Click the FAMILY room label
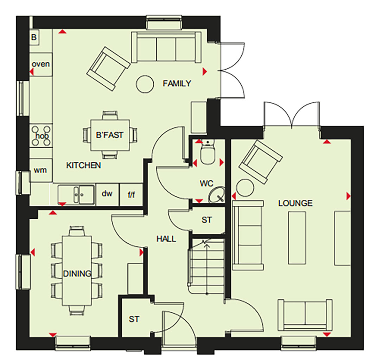click(x=177, y=83)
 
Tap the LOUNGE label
click(x=295, y=203)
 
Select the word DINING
click(x=77, y=274)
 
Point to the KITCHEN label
click(x=83, y=165)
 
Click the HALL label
click(x=166, y=239)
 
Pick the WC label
click(x=206, y=184)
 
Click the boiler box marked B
click(x=34, y=37)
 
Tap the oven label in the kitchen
click(x=41, y=64)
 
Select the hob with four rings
click(x=41, y=136)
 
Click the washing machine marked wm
click(x=40, y=170)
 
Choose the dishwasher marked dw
click(x=107, y=194)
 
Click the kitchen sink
click(x=76, y=195)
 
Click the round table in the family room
click(x=145, y=84)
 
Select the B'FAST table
click(x=110, y=135)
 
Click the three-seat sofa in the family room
click(x=166, y=47)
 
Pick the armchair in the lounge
click(x=261, y=162)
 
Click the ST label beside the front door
click(x=134, y=319)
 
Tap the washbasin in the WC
click(x=217, y=195)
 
